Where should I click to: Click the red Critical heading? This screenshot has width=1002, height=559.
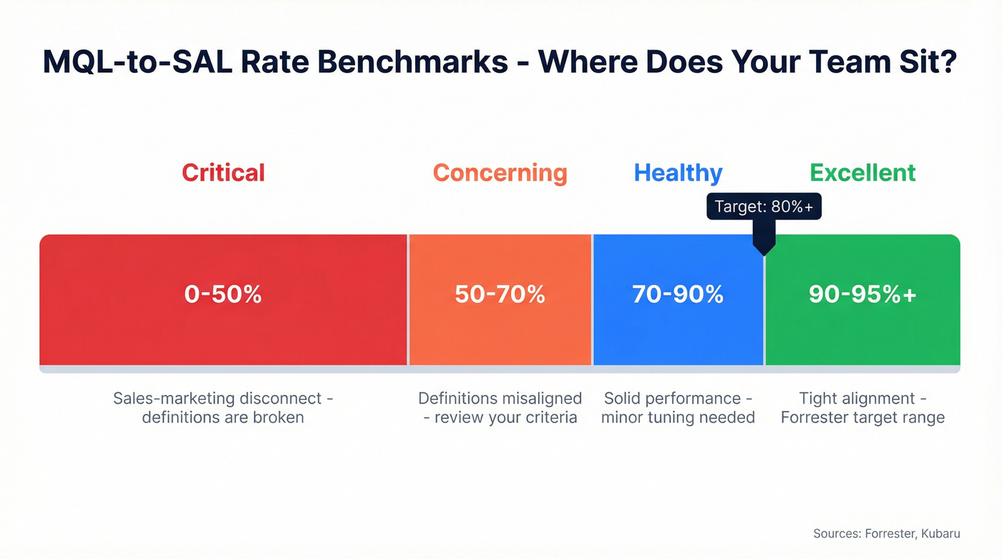[223, 172]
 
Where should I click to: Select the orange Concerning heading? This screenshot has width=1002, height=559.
[500, 172]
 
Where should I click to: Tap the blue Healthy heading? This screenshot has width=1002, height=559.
[678, 172]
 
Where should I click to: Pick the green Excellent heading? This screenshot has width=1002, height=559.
[862, 172]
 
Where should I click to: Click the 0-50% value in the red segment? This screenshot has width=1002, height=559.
[223, 294]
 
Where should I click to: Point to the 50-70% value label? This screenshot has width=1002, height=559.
[500, 294]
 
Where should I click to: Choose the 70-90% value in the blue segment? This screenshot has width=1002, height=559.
[678, 294]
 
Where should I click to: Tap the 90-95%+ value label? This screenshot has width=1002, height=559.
[862, 294]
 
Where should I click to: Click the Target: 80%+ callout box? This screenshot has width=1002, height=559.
[764, 207]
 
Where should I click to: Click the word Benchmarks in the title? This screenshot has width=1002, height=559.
[413, 62]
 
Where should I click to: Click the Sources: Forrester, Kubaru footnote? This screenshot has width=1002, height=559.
[886, 533]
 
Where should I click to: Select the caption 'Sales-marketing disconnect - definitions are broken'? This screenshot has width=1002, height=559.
[223, 408]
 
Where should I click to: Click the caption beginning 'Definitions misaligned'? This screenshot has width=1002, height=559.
[500, 408]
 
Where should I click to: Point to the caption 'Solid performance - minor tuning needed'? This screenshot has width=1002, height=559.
[678, 408]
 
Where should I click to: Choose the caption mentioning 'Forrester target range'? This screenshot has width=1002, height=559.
[862, 408]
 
